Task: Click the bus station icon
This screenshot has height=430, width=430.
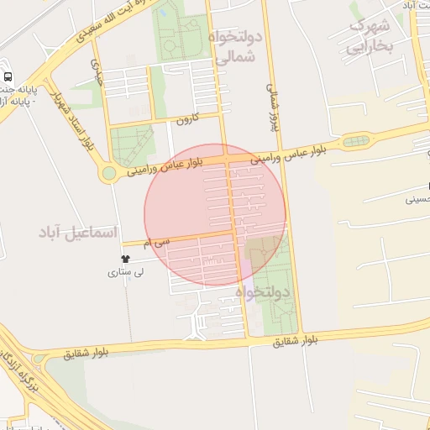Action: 8,77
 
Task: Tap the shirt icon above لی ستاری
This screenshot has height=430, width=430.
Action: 125,259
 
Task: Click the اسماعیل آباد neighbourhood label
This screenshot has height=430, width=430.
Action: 79,231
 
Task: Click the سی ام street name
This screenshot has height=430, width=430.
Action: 156,242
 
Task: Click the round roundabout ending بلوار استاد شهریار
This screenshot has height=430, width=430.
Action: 108,174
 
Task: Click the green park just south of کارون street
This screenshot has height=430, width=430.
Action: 133,144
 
